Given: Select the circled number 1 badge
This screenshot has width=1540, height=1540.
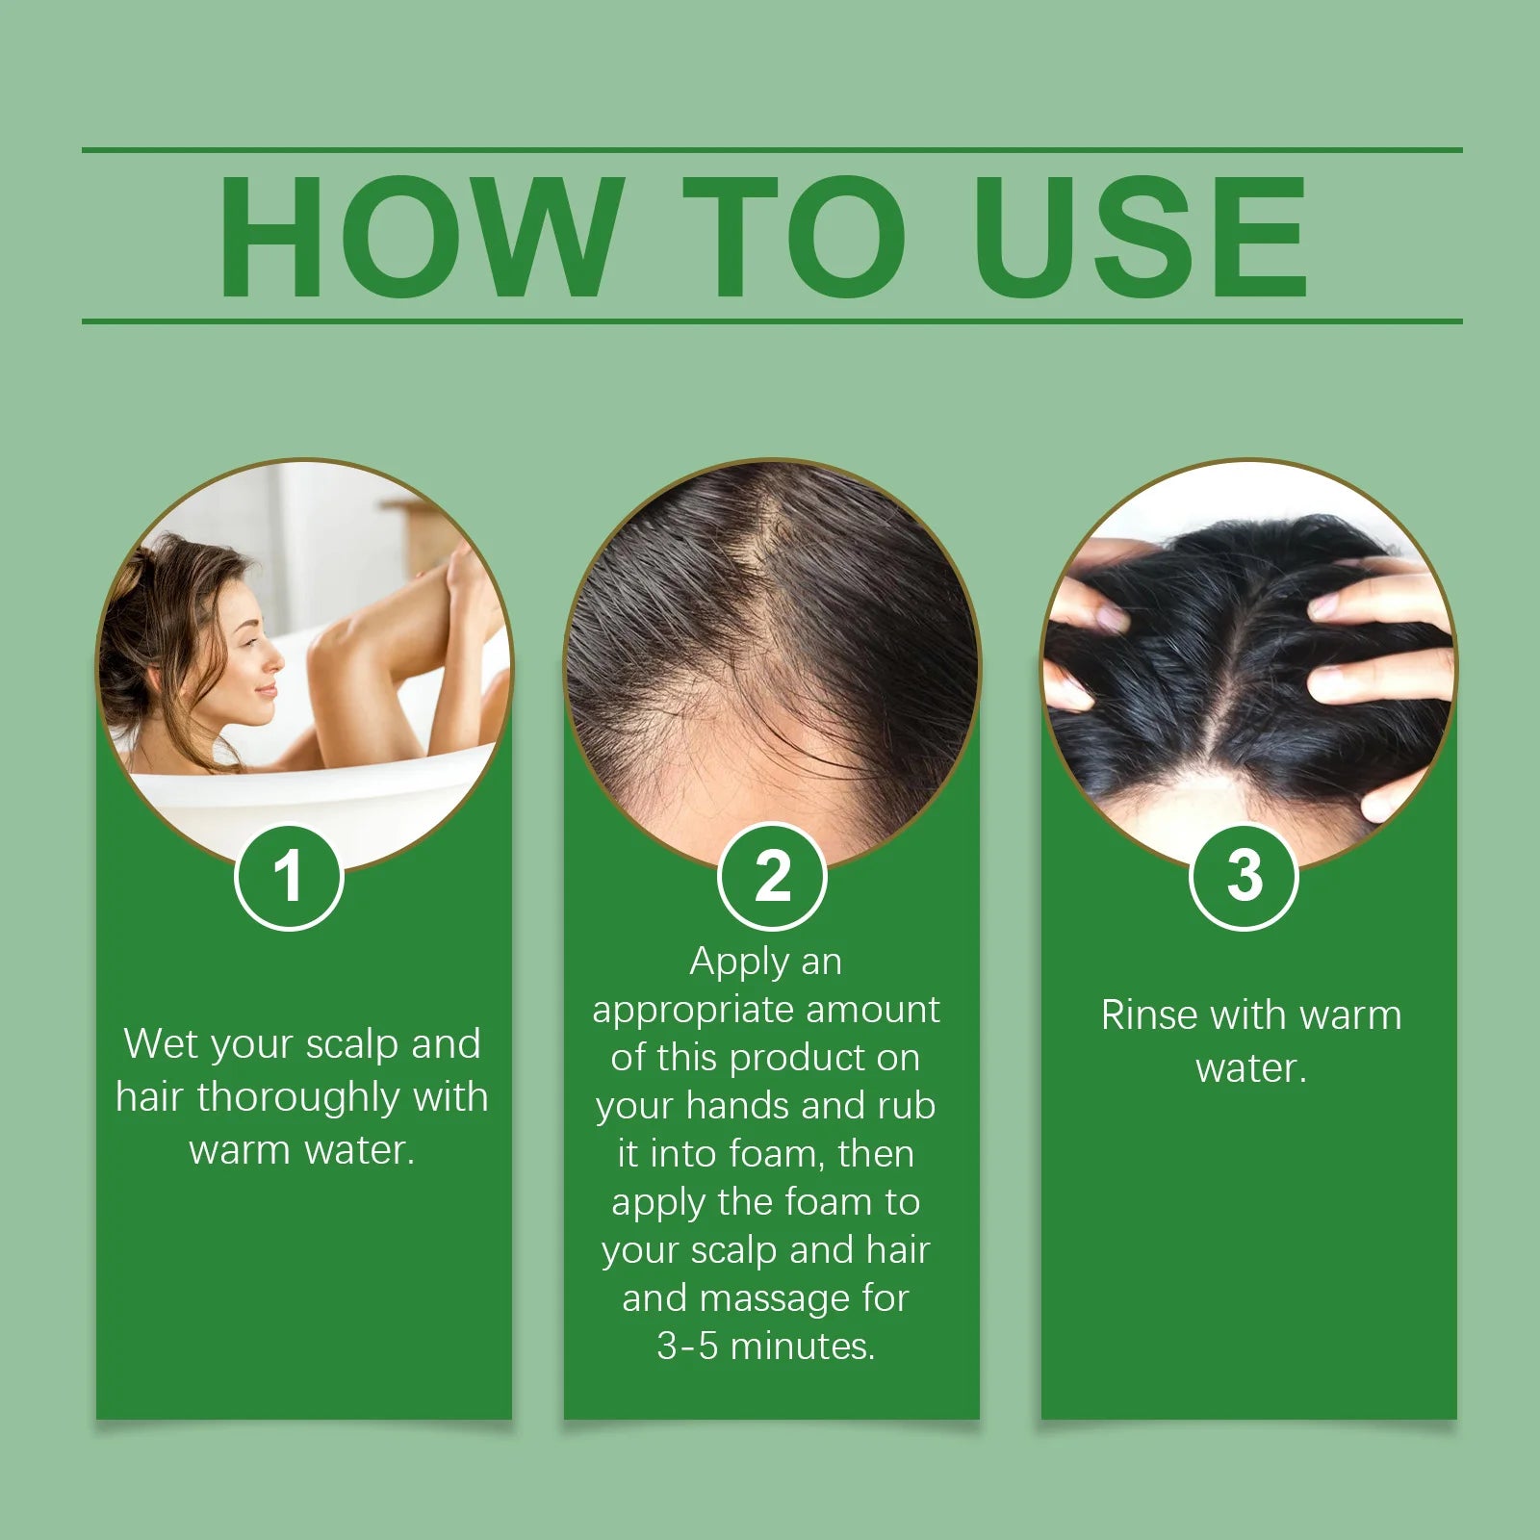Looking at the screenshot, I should [x=289, y=877].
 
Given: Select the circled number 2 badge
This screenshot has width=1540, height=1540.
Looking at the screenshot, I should [x=772, y=877].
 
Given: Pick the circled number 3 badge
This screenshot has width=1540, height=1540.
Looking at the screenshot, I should [x=1245, y=877].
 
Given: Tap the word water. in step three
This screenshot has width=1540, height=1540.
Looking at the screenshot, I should [x=1250, y=1069].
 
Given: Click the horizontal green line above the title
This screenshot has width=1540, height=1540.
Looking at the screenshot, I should [x=770, y=150].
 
